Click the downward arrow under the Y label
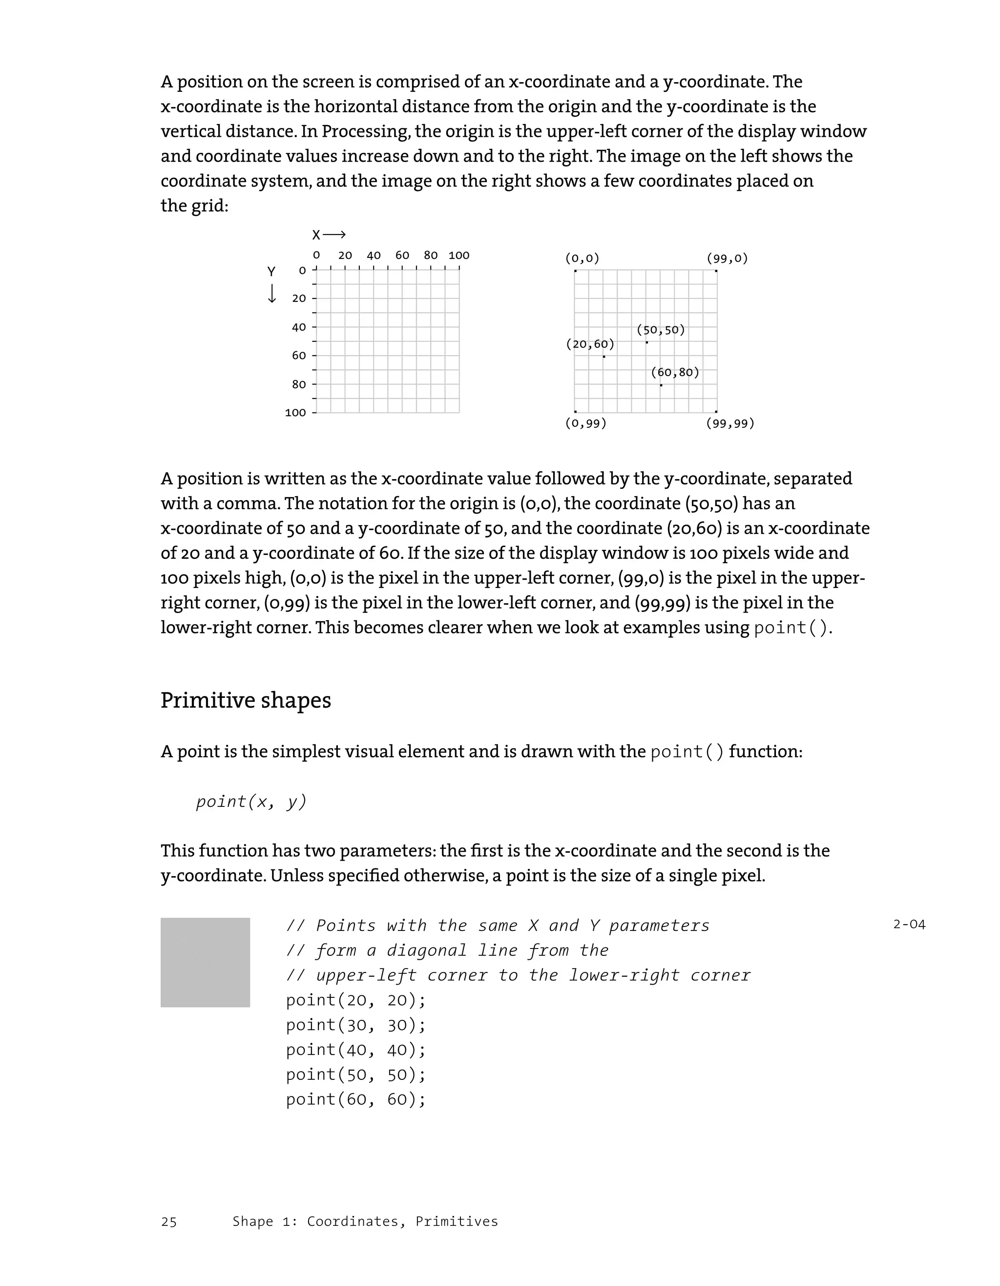pos(271,293)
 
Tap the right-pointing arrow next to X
pos(334,235)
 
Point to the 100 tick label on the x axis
pos(458,255)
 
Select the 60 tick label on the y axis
pos(299,355)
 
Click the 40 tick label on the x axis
pos(374,255)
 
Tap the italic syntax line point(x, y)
pos(251,801)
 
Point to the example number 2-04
pos(909,925)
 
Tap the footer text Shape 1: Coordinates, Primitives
pos(365,1221)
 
